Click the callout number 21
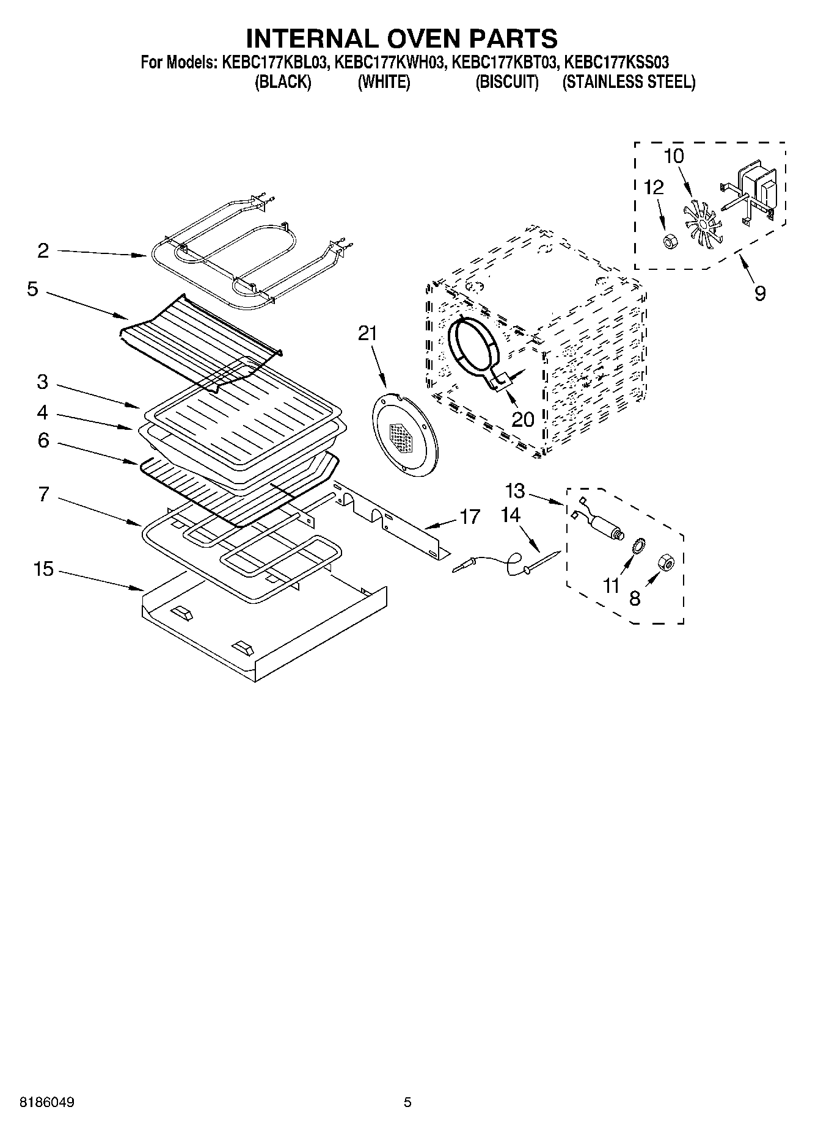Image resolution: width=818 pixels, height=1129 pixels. [368, 333]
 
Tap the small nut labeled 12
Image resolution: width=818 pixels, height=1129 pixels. [669, 241]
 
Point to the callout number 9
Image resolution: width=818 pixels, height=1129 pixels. [759, 293]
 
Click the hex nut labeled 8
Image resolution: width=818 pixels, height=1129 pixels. [665, 563]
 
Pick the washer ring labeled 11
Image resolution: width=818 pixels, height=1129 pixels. [636, 545]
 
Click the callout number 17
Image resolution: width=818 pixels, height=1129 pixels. [469, 517]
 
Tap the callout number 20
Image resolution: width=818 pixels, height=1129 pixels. [523, 419]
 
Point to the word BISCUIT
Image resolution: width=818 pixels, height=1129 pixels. [507, 82]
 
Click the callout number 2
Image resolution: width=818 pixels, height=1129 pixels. [43, 250]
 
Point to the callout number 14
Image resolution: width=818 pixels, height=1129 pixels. [511, 516]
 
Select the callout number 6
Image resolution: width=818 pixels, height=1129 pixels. [43, 440]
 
